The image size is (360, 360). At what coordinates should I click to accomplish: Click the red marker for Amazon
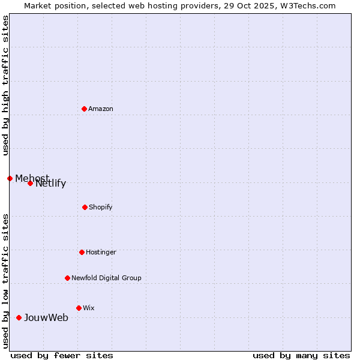pos(84,109)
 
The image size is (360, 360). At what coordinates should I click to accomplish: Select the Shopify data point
pos(85,207)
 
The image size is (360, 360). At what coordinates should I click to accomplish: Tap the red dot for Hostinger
pos(82,252)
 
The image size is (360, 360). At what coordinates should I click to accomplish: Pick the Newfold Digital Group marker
pos(67,278)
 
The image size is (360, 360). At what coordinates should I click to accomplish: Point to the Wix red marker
pos(79,308)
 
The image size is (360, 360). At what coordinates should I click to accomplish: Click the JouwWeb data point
pos(19,317)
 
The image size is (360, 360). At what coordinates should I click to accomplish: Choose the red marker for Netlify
pos(30,183)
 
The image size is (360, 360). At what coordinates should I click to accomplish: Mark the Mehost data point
pos(10,178)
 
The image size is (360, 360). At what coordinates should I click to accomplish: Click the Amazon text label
pos(101,109)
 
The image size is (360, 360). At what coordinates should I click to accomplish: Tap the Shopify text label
pos(100,207)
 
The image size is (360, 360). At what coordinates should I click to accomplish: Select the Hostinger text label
pos(101,252)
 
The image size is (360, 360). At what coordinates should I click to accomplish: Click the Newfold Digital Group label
pos(106,278)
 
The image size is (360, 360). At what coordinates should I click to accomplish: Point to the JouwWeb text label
pos(46,317)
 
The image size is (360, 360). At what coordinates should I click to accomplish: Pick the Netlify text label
pos(51,184)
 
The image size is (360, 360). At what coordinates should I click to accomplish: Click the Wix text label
pos(89,308)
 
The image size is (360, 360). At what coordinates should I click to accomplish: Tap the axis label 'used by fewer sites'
pos(62,355)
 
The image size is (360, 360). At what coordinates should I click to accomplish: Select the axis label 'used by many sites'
pos(301,355)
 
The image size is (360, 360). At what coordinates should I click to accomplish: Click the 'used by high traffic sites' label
pos(5,85)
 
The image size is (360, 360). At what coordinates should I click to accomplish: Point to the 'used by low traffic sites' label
pos(5,280)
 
